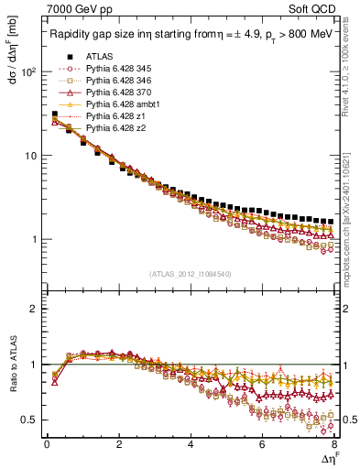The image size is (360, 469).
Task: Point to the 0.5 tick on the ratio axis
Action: (30, 420)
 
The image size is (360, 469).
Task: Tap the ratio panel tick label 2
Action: (35, 309)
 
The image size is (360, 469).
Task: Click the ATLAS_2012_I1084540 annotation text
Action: (191, 273)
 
